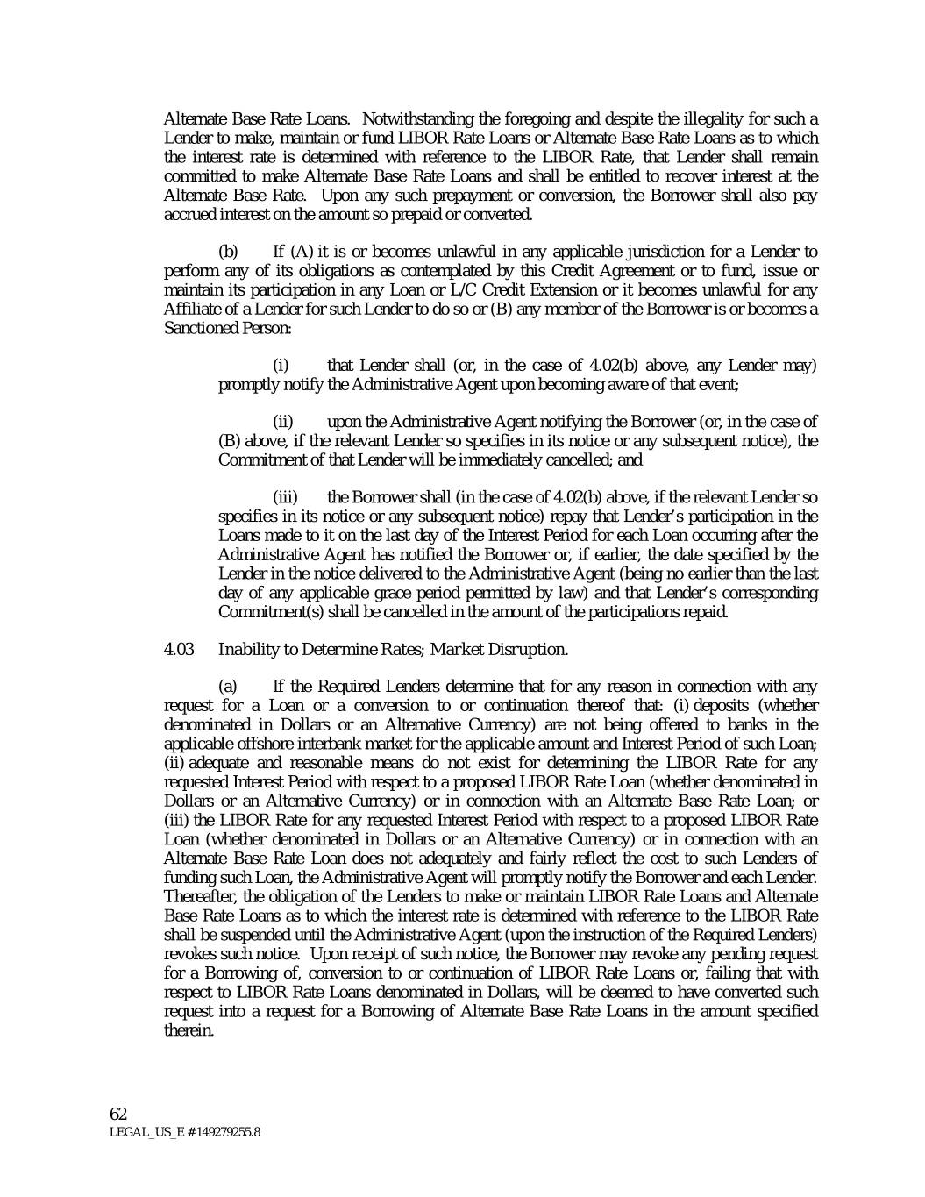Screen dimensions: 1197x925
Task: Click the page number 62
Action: tap(118, 1114)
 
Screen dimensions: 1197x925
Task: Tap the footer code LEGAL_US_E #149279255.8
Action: tap(184, 1132)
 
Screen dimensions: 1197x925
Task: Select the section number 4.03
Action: tap(179, 649)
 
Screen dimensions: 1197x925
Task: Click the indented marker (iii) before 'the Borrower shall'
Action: tap(286, 498)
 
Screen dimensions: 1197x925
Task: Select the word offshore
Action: tap(257, 744)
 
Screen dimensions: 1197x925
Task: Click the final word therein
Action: tap(189, 1030)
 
